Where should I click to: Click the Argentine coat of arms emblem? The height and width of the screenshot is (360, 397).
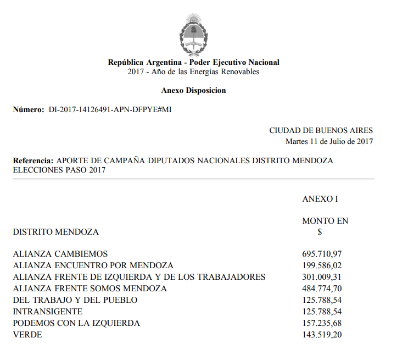(x=193, y=34)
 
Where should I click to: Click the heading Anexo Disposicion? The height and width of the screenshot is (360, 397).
(x=193, y=90)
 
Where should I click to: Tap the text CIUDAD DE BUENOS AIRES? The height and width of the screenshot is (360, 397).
(x=321, y=131)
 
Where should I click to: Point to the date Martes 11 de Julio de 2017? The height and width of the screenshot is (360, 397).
(x=329, y=141)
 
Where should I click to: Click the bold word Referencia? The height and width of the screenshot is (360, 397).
(x=33, y=161)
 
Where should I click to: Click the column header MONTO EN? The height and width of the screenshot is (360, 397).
(x=325, y=221)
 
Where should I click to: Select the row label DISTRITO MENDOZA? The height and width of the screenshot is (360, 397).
(x=56, y=232)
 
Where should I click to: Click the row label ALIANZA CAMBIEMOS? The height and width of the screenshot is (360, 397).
(x=60, y=254)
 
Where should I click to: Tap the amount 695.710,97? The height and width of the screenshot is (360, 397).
(x=322, y=254)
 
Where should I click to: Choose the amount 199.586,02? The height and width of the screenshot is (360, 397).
(x=322, y=265)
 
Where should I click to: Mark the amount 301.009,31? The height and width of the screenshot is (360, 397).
(x=322, y=277)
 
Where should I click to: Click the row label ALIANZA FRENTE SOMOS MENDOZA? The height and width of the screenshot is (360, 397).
(x=90, y=289)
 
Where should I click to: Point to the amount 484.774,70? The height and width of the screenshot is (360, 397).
(x=322, y=289)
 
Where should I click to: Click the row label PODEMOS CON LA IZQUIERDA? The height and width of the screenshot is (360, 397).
(x=76, y=323)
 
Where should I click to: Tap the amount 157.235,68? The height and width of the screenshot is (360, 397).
(x=322, y=323)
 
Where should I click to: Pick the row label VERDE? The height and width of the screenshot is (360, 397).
(x=27, y=335)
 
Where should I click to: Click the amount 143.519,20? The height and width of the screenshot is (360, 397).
(x=322, y=335)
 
